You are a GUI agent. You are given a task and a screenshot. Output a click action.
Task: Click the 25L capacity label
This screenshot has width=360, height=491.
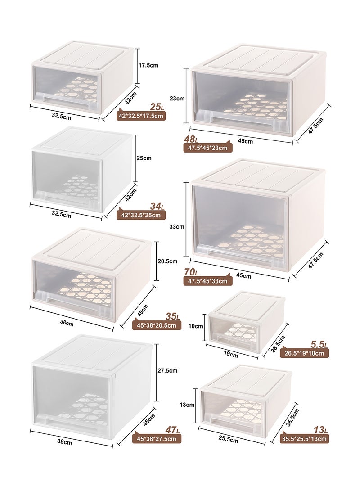[157, 107]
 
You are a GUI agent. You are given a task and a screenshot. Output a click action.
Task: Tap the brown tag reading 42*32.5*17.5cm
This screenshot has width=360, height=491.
[141, 116]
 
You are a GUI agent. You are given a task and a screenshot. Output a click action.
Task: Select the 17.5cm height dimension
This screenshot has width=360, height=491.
[148, 65]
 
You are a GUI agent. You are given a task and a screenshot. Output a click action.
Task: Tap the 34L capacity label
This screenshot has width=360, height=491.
[157, 206]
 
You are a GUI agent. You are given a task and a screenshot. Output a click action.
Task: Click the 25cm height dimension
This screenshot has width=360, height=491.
[144, 158]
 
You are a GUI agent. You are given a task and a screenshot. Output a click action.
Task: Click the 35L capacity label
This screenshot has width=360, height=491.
[172, 316]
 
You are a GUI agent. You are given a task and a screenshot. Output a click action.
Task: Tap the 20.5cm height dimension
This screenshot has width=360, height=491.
[168, 261]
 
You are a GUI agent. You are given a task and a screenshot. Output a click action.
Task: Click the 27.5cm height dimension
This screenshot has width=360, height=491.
[168, 371]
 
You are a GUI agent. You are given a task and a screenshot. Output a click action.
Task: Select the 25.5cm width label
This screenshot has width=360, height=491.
[228, 440]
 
